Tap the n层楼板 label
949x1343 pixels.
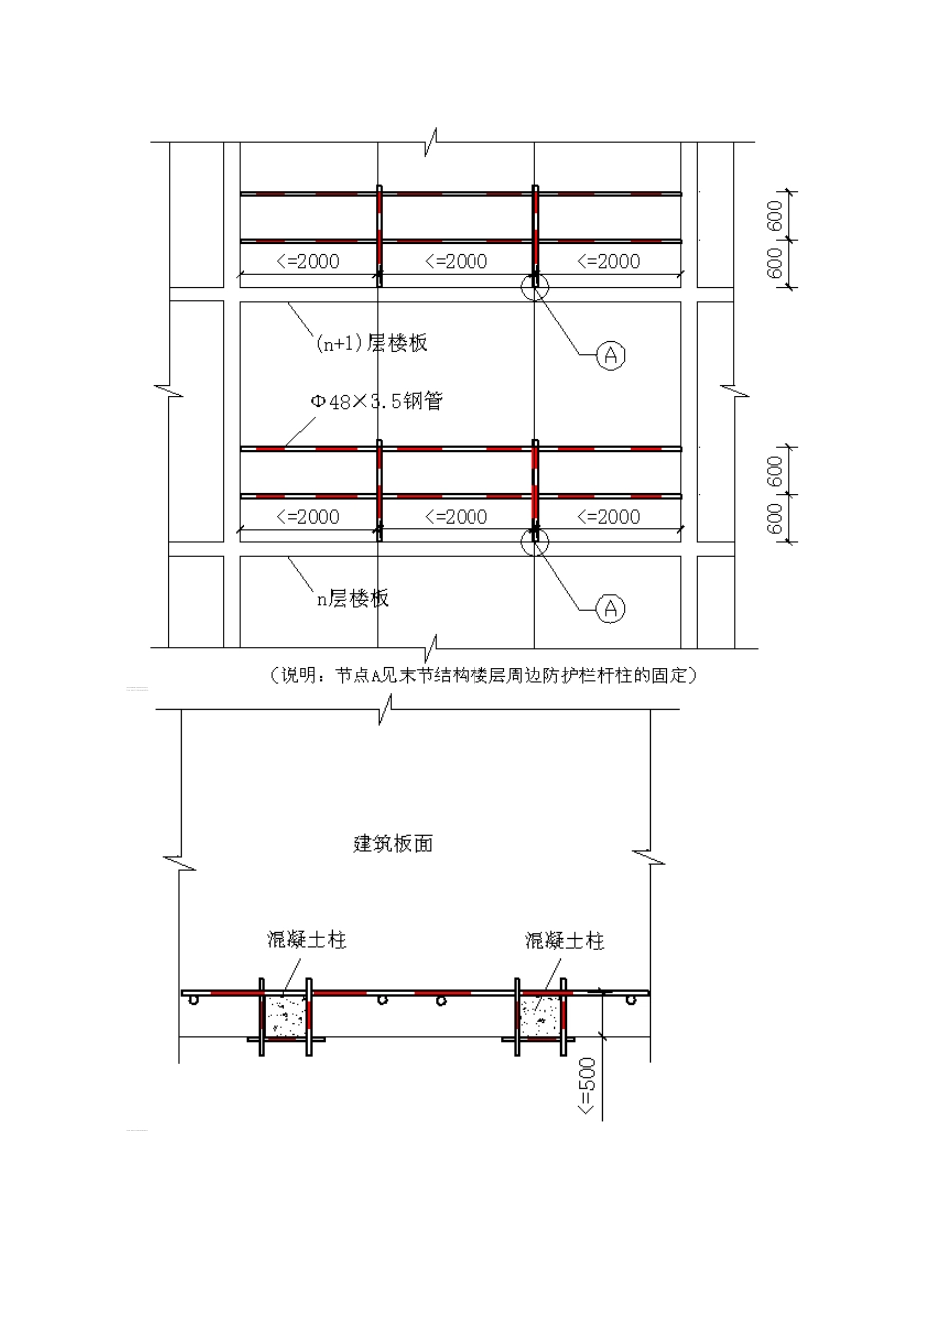pyautogui.click(x=353, y=599)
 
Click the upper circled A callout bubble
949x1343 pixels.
pyautogui.click(x=611, y=354)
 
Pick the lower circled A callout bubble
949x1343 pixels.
pyautogui.click(x=611, y=608)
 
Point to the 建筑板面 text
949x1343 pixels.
pyautogui.click(x=394, y=843)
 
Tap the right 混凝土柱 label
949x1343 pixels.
pyautogui.click(x=565, y=940)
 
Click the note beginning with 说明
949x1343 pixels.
pyautogui.click(x=482, y=676)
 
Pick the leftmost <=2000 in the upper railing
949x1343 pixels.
pyautogui.click(x=307, y=262)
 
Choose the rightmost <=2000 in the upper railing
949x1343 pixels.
pyautogui.click(x=608, y=262)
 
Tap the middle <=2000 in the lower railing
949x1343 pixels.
pyautogui.click(x=456, y=517)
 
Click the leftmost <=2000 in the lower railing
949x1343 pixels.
pyautogui.click(x=307, y=517)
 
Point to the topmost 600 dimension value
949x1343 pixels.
pyautogui.click(x=776, y=215)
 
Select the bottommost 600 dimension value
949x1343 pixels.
pyautogui.click(x=776, y=519)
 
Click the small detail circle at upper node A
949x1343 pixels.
pyautogui.click(x=534, y=286)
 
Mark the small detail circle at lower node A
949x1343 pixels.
pyautogui.click(x=534, y=541)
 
